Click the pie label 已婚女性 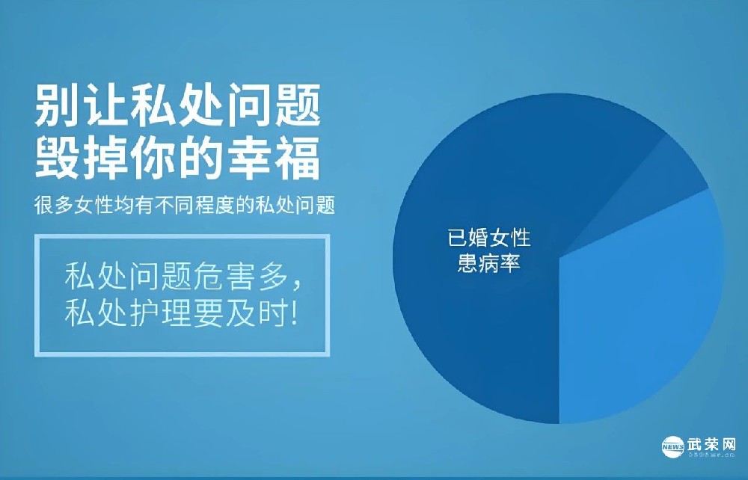coord(489,239)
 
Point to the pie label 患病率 coord(489,264)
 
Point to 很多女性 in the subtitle coord(70,205)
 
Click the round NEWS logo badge coord(672,446)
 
